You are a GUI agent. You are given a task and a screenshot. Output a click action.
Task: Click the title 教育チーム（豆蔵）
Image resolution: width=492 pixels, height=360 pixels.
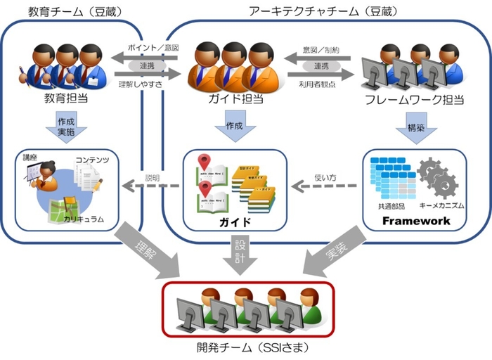72,11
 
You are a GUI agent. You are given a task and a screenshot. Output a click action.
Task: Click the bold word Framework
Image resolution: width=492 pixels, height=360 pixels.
415,221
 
